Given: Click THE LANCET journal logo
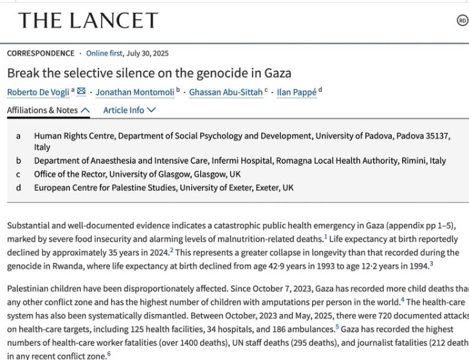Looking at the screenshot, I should click(88, 21).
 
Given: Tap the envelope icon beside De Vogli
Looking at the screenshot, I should click(81, 91).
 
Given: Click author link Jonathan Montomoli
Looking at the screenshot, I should click(135, 92).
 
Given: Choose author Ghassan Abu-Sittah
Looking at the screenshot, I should click(225, 92).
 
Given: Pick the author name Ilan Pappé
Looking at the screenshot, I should click(297, 92).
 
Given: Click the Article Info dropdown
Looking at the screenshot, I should click(129, 110).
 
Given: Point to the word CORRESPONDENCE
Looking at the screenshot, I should click(41, 53).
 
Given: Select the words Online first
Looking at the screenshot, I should click(106, 53).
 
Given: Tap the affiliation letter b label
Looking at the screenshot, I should click(19, 161).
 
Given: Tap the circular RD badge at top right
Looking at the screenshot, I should click(463, 21).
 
